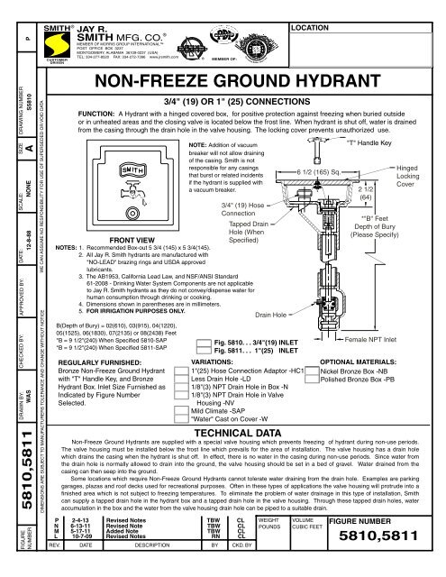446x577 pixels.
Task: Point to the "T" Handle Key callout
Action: click(369, 143)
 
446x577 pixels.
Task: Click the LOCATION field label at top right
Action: click(308, 5)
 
